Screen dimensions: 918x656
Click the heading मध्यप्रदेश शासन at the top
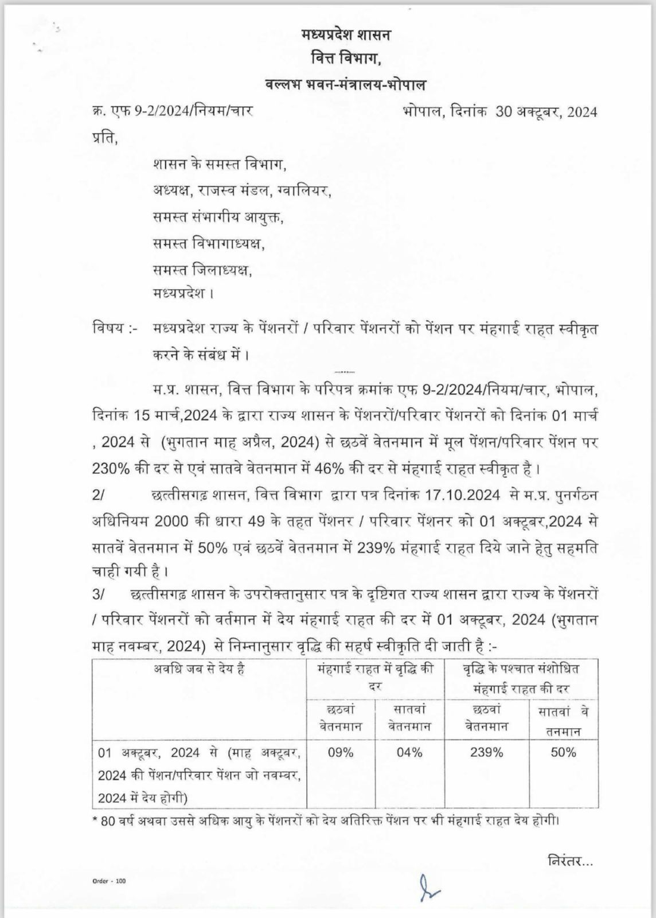click(346, 36)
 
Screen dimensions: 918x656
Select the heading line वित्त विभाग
click(346, 59)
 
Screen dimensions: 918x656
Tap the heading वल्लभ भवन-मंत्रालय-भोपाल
click(346, 84)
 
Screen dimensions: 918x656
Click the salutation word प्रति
click(105, 138)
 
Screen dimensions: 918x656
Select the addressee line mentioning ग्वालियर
click(242, 191)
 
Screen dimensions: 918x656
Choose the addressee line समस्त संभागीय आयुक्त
click(218, 217)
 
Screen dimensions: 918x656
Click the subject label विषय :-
click(114, 330)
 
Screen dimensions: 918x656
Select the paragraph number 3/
click(98, 595)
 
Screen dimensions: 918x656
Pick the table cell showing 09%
click(341, 752)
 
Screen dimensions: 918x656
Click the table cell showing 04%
click(409, 752)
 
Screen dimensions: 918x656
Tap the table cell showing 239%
click(486, 752)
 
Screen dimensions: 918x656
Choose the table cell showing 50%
click(563, 752)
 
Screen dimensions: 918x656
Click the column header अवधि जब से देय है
click(199, 669)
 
